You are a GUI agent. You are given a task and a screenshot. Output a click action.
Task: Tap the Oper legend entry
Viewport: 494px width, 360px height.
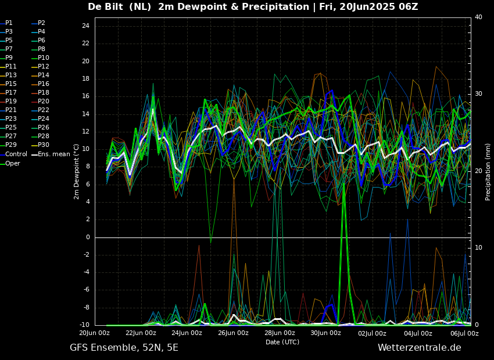click(13, 163)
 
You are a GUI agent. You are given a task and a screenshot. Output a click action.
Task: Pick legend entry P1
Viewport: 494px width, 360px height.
click(9, 23)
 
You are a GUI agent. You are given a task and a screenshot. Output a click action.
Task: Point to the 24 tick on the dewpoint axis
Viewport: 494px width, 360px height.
click(85, 26)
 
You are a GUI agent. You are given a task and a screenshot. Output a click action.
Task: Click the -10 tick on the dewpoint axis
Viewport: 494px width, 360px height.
click(84, 325)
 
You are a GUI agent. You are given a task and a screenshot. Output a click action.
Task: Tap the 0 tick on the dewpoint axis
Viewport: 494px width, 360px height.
click(87, 237)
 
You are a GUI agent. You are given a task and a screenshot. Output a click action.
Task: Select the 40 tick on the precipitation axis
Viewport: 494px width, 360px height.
click(478, 17)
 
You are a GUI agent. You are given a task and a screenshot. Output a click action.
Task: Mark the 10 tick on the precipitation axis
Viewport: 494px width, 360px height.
click(478, 248)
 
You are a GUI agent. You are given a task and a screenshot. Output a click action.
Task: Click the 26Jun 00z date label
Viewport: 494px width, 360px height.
click(233, 333)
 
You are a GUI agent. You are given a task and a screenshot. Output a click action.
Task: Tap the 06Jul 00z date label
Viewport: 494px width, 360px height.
click(464, 333)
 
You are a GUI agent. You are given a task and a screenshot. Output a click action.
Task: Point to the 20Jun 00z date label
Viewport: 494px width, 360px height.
click(95, 333)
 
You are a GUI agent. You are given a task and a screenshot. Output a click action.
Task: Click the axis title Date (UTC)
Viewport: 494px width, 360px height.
click(282, 343)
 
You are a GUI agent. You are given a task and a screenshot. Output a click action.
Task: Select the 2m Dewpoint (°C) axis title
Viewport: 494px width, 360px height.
click(77, 171)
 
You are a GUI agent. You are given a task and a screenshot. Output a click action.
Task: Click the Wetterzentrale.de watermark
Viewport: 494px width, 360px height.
click(419, 348)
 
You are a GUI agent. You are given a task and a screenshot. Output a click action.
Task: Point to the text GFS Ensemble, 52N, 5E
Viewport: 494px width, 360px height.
click(124, 348)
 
